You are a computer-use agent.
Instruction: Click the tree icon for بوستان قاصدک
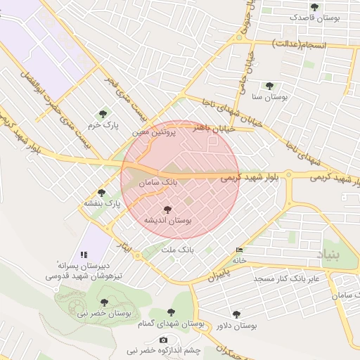click(314, 7)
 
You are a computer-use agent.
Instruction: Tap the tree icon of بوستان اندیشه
click(167, 210)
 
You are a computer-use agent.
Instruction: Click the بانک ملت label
click(177, 250)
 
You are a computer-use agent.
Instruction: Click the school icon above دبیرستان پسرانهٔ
click(84, 255)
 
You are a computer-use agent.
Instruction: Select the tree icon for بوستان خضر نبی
click(104, 303)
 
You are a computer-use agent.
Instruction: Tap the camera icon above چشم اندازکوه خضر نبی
click(164, 340)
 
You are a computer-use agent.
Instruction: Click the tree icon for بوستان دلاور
click(236, 314)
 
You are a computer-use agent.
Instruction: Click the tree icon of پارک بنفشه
click(102, 193)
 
